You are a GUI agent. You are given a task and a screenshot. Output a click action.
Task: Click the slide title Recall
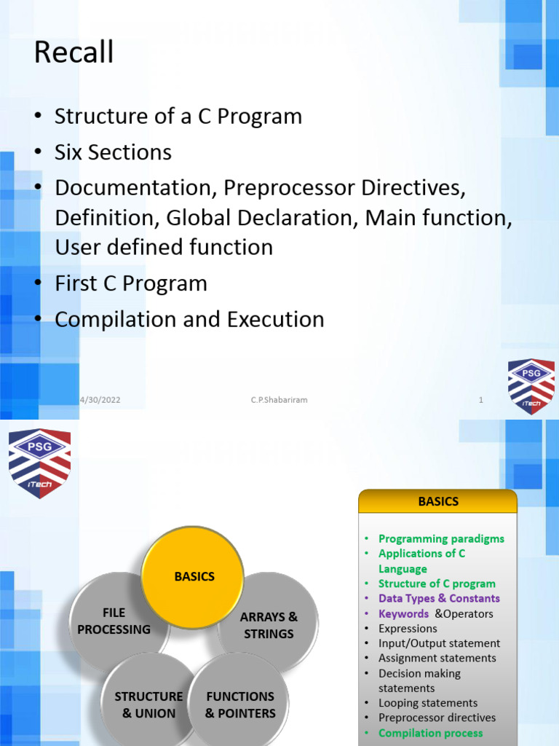74,53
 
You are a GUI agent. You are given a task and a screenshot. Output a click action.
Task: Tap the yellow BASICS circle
194,576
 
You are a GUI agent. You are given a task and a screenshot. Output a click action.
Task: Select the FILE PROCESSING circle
114,621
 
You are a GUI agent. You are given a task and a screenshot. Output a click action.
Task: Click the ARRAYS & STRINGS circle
269,625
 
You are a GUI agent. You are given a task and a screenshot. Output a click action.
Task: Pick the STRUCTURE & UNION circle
148,704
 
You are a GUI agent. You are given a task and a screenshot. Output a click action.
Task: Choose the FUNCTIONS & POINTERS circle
239,704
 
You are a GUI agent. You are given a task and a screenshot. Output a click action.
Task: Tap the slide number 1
481,400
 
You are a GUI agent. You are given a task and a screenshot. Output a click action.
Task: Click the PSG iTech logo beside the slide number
531,386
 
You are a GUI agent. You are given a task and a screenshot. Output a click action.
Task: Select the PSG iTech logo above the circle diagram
39,463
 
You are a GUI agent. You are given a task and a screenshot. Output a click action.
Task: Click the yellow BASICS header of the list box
438,501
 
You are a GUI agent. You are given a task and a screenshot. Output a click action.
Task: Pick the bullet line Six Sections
113,152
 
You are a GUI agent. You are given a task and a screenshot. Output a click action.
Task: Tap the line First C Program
131,283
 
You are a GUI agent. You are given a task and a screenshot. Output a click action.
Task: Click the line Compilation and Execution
189,319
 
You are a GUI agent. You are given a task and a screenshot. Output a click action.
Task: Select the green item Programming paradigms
441,539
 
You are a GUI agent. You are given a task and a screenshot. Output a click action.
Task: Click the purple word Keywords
403,613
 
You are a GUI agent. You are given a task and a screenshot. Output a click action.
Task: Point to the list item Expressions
408,628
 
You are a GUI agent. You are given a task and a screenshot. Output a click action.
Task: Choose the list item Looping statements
428,703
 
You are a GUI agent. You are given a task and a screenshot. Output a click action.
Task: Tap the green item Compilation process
430,733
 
